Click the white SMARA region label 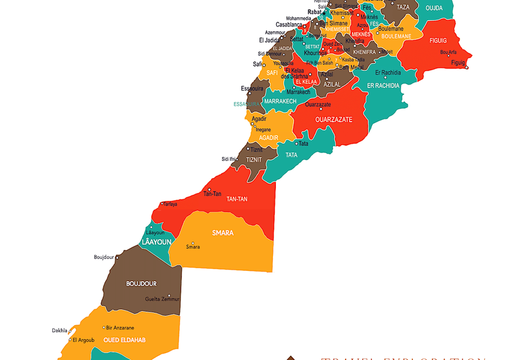point(223,233)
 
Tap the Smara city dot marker point(193,243)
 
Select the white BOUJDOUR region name point(141,283)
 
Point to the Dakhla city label point(59,330)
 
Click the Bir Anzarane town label point(120,327)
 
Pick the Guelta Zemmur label point(162,299)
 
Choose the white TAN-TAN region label point(238,199)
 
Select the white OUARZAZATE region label point(334,119)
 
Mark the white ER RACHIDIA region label point(383,85)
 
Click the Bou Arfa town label point(448,52)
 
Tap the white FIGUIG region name point(438,41)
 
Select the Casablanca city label point(288,25)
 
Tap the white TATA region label point(291,155)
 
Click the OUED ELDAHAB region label point(125,340)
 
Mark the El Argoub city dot point(70,340)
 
